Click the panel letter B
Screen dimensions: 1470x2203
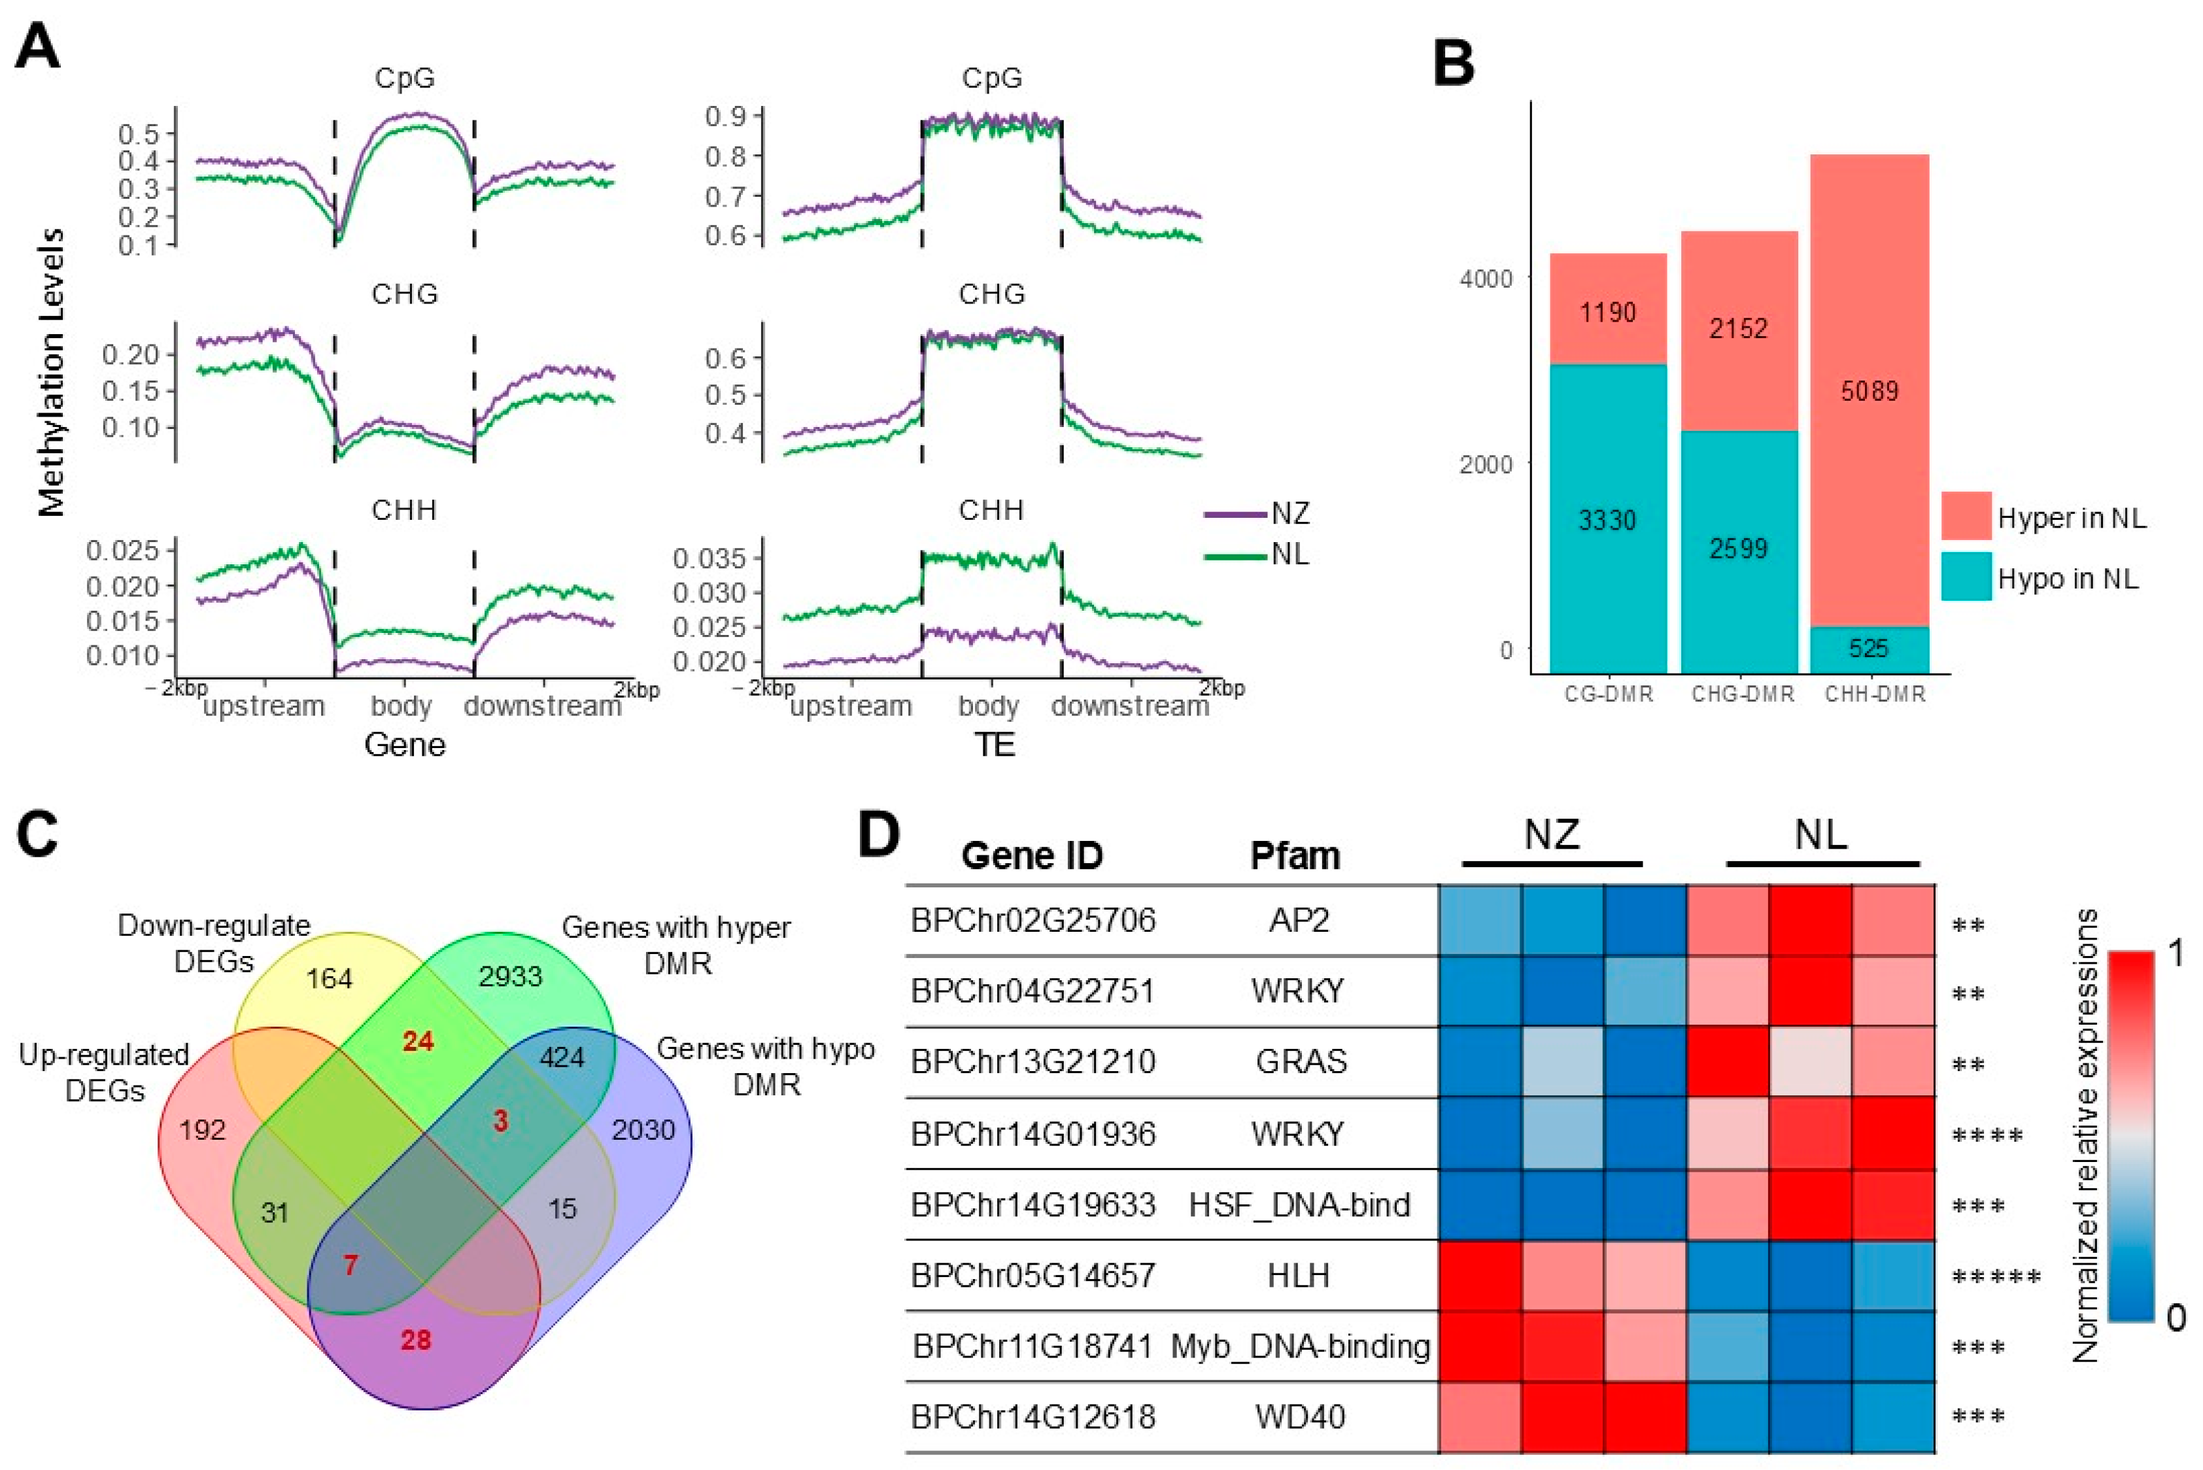click(1454, 63)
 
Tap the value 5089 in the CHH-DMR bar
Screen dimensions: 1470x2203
click(1870, 391)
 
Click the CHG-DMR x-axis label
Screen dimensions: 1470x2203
click(1743, 694)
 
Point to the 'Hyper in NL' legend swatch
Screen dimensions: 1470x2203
click(1966, 516)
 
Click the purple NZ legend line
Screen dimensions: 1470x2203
click(1235, 515)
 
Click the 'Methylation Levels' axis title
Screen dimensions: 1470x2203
click(52, 371)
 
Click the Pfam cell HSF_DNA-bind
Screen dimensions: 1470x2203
click(1299, 1204)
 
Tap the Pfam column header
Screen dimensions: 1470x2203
click(1295, 855)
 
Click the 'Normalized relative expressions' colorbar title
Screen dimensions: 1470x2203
click(2086, 1135)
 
